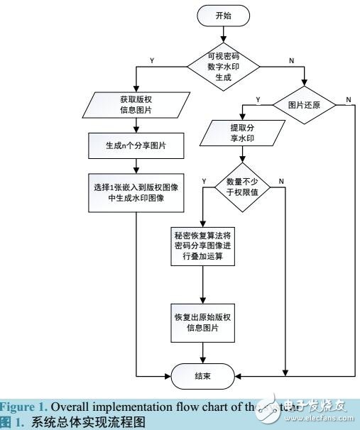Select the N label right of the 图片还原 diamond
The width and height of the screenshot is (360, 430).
[x=347, y=97]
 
